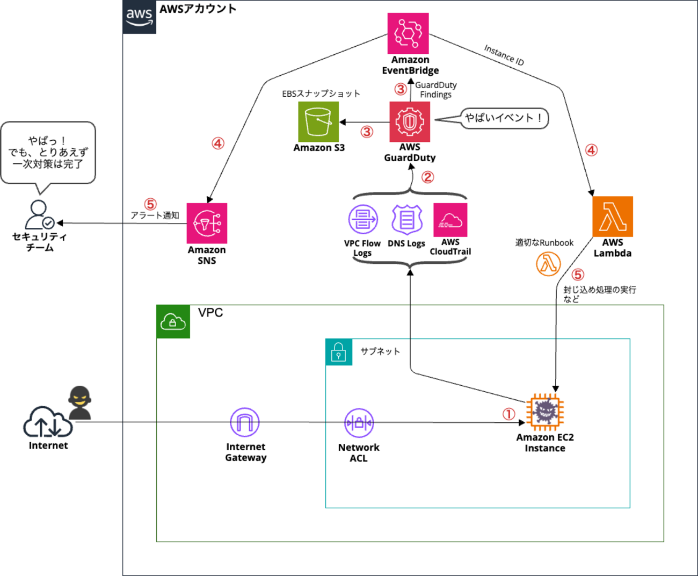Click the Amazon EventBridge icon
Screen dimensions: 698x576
[408, 33]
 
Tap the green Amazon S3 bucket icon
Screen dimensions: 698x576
[318, 122]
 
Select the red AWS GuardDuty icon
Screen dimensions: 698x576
[410, 122]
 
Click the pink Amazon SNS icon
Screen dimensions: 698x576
[207, 223]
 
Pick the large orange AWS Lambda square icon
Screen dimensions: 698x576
[613, 217]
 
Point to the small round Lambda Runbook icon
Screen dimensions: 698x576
[548, 264]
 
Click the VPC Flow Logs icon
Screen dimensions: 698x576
[363, 219]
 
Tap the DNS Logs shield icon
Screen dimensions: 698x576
[407, 220]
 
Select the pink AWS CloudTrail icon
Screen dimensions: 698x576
[450, 220]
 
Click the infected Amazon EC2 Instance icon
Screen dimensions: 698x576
[545, 412]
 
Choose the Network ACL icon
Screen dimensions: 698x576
[359, 423]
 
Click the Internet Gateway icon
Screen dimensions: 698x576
[245, 422]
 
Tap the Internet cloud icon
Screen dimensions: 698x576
[48, 422]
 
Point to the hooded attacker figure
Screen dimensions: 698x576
[79, 403]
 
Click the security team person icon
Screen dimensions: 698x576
[39, 214]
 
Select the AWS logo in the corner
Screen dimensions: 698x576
[140, 17]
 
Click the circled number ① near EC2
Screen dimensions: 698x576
[509, 414]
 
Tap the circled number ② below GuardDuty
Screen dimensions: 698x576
[427, 177]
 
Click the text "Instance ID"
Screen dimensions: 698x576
[504, 55]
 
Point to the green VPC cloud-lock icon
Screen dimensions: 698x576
[173, 321]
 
